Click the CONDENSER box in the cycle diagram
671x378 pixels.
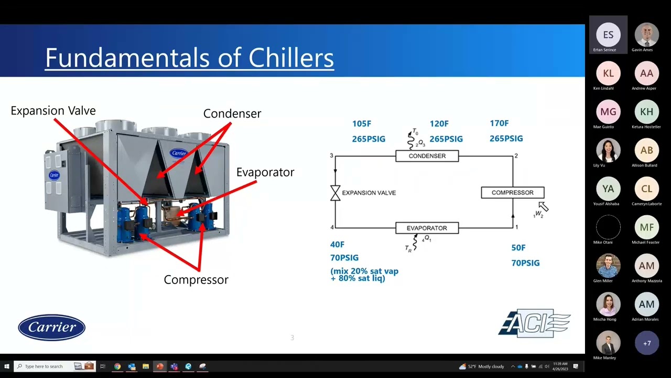427,156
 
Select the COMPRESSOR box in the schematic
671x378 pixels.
512,193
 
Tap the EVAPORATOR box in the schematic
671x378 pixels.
427,228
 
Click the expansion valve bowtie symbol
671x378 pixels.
335,193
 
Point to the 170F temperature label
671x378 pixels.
499,123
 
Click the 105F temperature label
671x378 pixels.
362,124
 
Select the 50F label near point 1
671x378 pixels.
518,248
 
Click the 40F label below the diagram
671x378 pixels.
337,245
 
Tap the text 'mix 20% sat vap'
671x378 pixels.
364,271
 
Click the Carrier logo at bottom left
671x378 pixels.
51,328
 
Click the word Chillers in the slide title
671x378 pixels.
291,58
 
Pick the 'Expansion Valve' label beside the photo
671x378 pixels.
53,111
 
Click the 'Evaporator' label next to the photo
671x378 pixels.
265,172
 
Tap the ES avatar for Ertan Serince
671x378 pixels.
608,35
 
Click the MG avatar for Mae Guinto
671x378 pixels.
608,112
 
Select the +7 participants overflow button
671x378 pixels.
646,343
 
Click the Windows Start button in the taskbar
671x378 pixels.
6,366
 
